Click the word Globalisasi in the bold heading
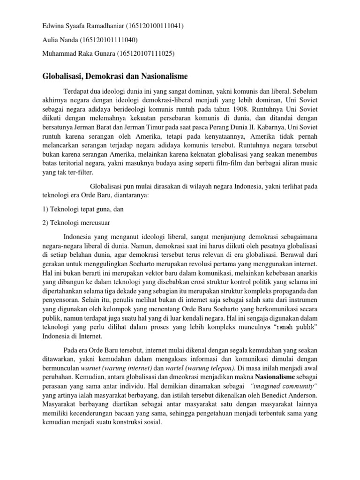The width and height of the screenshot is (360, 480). (65, 75)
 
